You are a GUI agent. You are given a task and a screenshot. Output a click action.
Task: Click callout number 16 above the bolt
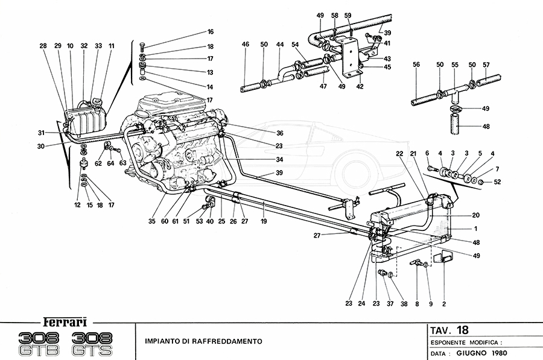(x=211, y=31)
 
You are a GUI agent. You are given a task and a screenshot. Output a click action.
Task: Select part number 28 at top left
(x=43, y=46)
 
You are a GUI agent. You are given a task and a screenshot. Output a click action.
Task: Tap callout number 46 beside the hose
(x=245, y=45)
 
